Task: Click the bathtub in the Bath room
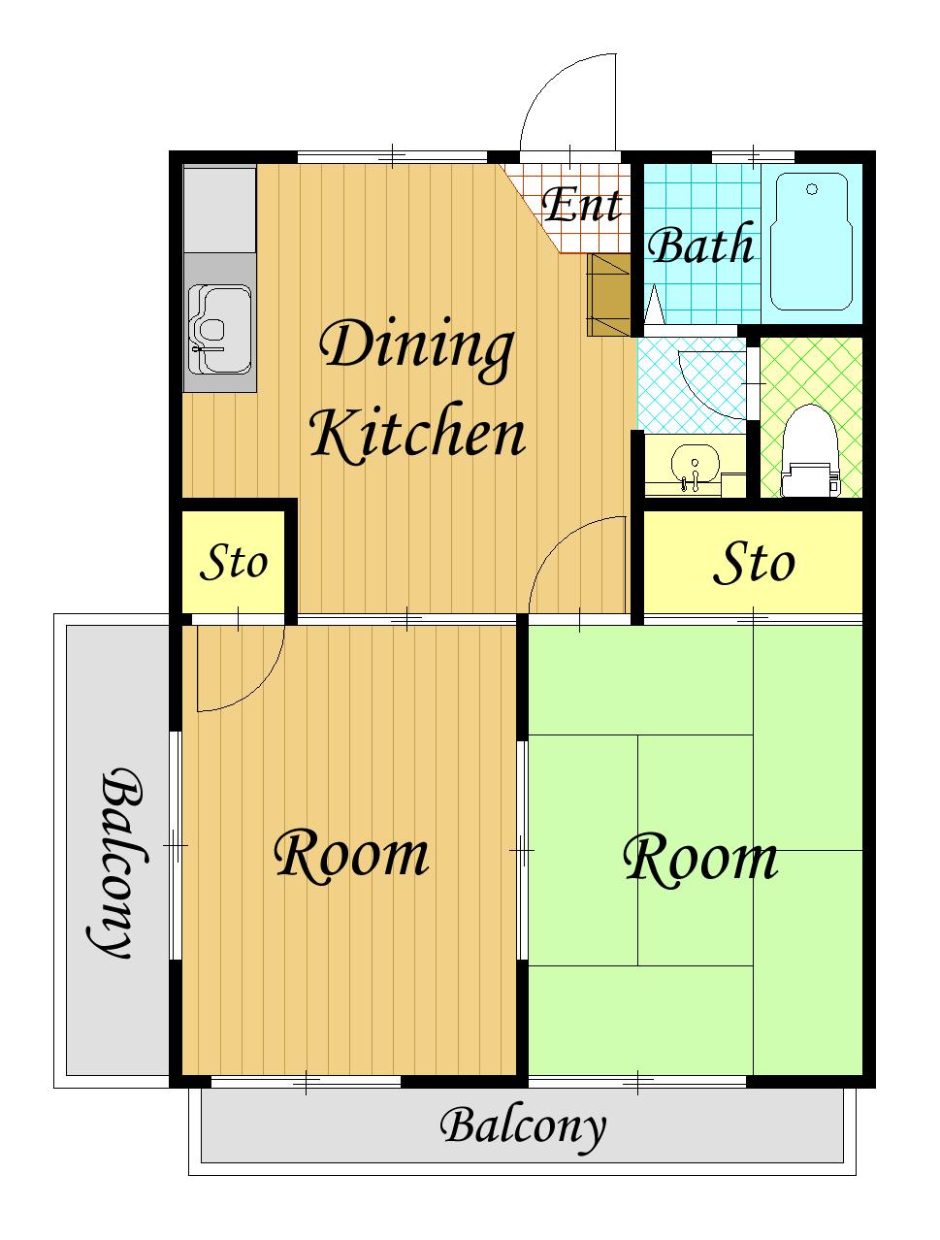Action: (x=811, y=242)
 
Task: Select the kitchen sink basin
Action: (x=219, y=329)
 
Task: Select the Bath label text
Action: (x=701, y=243)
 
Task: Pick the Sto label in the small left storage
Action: (x=233, y=563)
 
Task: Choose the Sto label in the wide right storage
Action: (x=754, y=563)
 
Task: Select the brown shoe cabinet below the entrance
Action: (x=608, y=294)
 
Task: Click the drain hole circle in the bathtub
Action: (x=812, y=189)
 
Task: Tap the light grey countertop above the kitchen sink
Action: (x=219, y=209)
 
